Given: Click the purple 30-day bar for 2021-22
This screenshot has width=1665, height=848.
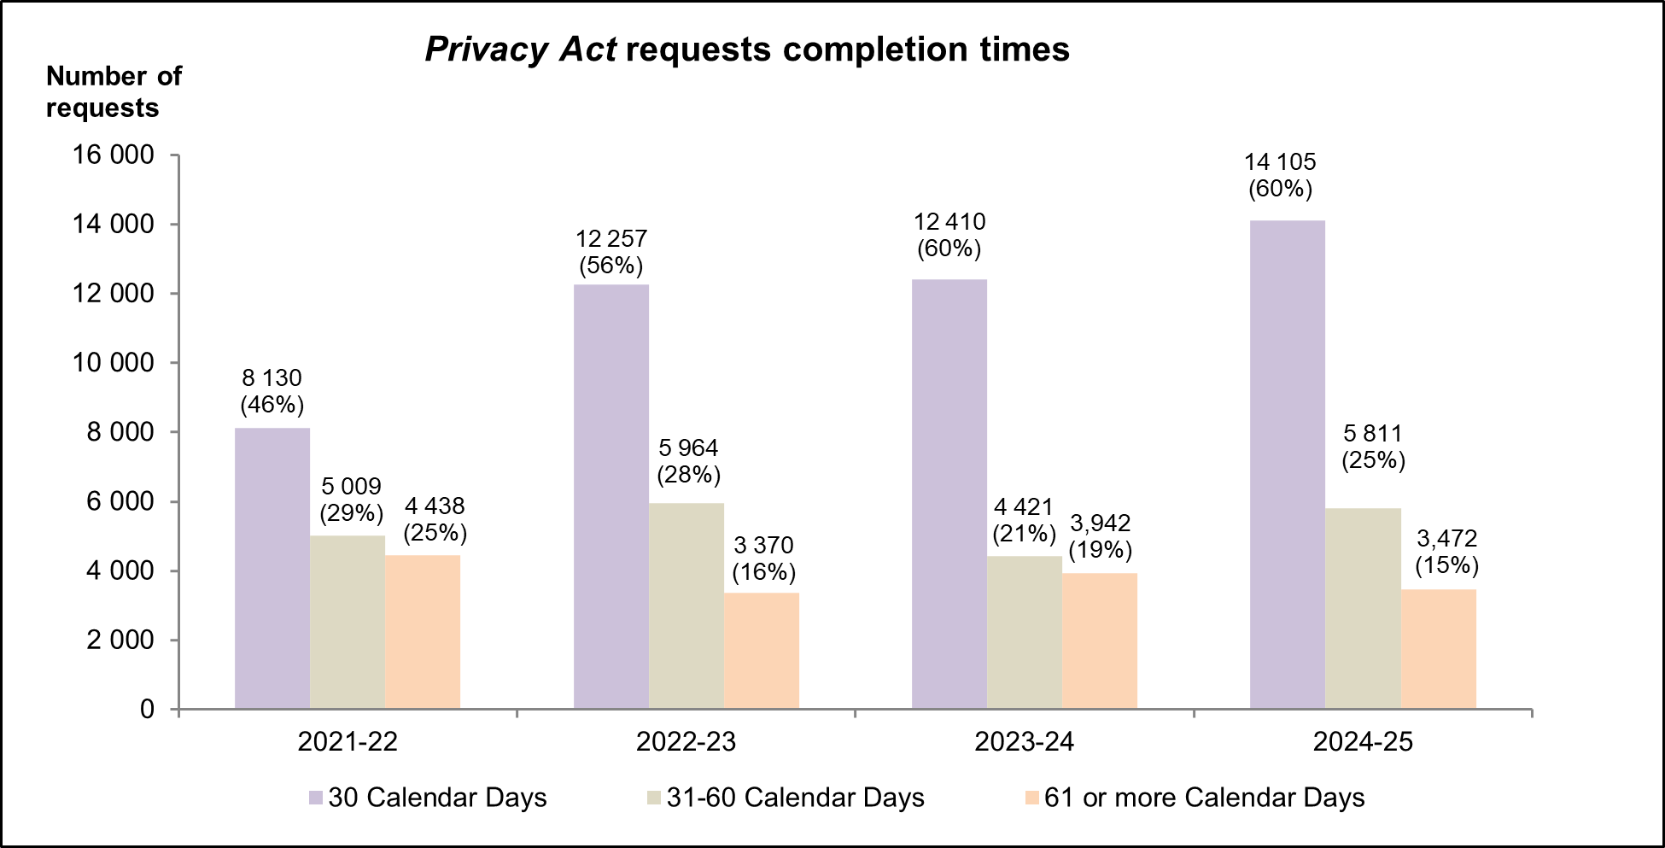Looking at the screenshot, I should [272, 568].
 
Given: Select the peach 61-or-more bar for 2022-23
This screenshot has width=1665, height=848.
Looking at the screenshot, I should [761, 651].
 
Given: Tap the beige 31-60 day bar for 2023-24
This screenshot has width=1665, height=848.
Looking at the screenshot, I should [1024, 632].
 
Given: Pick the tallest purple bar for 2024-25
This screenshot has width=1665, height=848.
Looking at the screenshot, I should [1287, 465].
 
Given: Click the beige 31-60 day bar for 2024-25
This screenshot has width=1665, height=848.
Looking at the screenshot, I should [1363, 608].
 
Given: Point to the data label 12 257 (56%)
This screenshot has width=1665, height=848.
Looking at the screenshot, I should [610, 252].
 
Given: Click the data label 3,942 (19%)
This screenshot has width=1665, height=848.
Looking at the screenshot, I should [1100, 536].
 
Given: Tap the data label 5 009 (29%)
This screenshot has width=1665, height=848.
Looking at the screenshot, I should [351, 500].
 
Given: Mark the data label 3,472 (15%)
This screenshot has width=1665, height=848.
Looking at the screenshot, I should [1446, 552].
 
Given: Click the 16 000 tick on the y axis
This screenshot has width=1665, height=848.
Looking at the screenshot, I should [113, 155].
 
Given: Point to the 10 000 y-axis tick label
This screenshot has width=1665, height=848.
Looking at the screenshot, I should [113, 363].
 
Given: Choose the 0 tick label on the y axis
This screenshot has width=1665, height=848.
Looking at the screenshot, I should [147, 710].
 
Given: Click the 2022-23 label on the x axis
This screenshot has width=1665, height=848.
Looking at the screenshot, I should [686, 741].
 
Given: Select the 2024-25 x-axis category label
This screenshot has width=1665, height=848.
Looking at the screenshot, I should [1363, 741].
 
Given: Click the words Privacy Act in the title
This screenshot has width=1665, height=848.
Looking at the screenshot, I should [520, 50].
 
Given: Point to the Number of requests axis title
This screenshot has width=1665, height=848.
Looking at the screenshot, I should [113, 92].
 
